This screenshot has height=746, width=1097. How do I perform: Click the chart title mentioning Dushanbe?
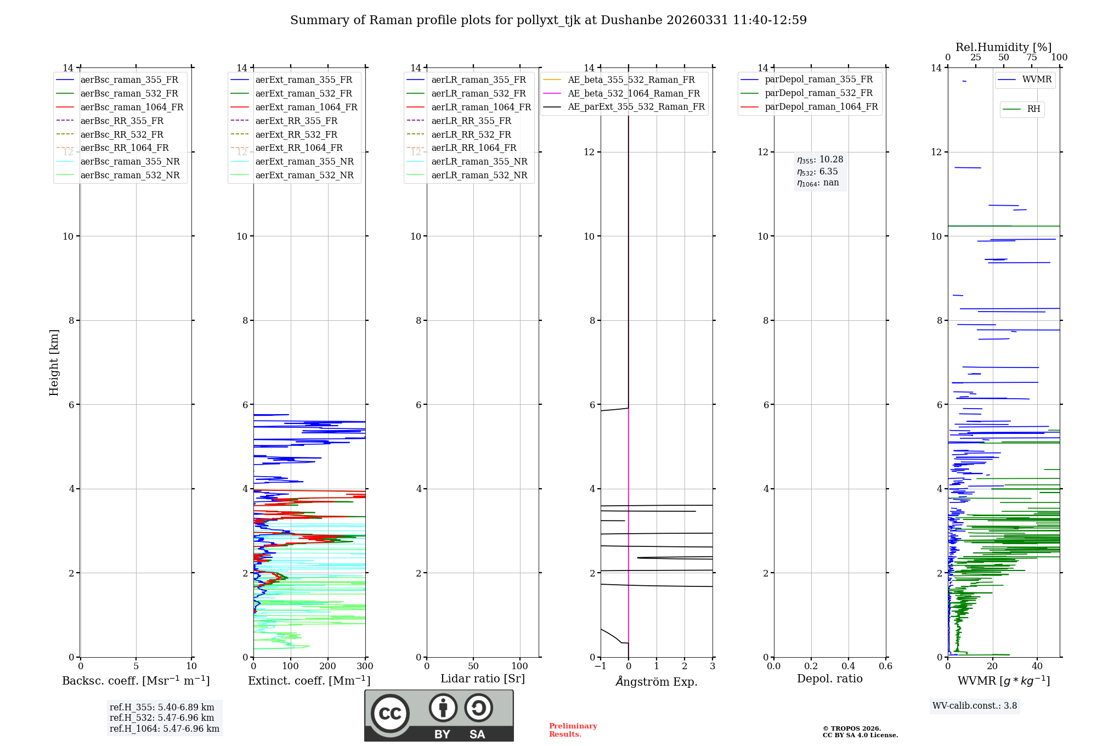(x=548, y=20)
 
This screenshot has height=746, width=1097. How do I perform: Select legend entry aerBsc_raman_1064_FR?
(x=132, y=107)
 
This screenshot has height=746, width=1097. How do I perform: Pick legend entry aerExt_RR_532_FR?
(x=296, y=134)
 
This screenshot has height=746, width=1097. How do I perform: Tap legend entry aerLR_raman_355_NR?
(x=479, y=161)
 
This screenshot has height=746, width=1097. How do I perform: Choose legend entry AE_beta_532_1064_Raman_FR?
(x=634, y=93)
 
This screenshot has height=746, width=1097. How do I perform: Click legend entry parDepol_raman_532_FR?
(x=818, y=93)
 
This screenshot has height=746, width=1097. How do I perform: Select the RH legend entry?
(x=1033, y=109)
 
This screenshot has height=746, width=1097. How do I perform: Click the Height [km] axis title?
(x=54, y=362)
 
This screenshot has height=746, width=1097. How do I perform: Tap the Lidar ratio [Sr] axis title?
(x=483, y=679)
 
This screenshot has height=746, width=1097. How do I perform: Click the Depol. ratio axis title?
(x=829, y=679)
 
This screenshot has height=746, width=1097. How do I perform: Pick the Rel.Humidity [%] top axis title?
(x=1003, y=47)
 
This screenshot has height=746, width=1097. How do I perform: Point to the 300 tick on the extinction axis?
(x=365, y=666)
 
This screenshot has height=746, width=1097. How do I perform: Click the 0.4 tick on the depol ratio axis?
(x=848, y=666)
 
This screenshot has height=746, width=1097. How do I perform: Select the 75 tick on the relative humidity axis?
(x=1031, y=58)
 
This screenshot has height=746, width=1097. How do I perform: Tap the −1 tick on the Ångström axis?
(x=600, y=666)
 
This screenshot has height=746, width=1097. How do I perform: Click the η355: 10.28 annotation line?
(x=820, y=160)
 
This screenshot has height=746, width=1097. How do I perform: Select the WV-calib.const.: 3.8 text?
(x=975, y=705)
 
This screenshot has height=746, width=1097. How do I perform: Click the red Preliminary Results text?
(x=573, y=730)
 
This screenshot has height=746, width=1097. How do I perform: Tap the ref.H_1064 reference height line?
(x=165, y=728)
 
